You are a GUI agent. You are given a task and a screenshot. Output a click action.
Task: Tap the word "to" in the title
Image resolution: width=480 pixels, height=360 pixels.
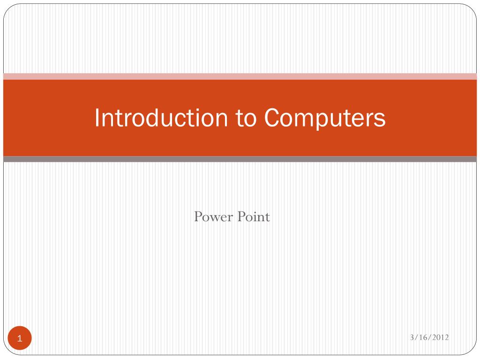tap(246, 118)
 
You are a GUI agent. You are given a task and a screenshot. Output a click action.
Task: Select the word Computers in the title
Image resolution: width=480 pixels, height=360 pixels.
tap(324, 118)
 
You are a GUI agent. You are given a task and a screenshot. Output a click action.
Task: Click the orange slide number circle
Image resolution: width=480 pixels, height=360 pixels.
tap(20, 338)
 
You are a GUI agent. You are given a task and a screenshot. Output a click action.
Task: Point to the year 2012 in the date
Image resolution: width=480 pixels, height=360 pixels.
tap(440, 337)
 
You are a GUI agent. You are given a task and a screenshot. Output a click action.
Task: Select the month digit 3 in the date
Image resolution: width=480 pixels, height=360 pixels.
tap(412, 337)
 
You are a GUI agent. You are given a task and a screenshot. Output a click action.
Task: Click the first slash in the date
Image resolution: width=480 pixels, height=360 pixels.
tap(416, 337)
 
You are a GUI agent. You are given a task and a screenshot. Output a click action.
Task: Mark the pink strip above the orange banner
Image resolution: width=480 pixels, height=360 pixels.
tap(240, 76)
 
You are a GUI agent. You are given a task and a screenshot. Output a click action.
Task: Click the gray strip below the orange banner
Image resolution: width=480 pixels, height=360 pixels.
tap(240, 159)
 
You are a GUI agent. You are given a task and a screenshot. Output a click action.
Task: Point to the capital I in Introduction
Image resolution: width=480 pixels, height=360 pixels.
tap(97, 118)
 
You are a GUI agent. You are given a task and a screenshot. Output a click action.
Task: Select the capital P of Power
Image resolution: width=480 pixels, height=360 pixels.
tap(198, 217)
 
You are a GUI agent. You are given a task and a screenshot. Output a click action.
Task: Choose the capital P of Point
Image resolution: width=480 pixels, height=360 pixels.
tap(242, 217)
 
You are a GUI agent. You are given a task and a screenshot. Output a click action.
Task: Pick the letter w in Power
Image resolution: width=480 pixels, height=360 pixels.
tap(213, 218)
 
